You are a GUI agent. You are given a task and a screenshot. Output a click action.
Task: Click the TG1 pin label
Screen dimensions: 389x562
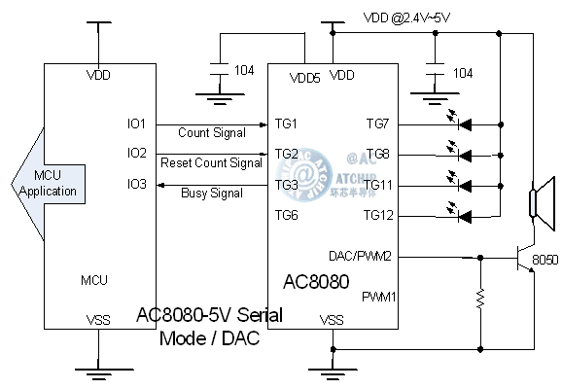point(287,124)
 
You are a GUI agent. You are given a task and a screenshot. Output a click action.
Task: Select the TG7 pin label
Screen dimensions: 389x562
point(377,124)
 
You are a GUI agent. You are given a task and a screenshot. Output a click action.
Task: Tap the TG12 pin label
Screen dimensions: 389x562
point(377,214)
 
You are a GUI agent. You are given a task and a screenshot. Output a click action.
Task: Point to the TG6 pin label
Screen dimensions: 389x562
point(287,215)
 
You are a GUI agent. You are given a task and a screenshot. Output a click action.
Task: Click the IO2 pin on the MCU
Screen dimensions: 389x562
point(136,154)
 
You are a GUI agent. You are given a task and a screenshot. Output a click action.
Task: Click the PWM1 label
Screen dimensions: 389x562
point(377,296)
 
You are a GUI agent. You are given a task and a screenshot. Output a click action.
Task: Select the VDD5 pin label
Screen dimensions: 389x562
point(305,78)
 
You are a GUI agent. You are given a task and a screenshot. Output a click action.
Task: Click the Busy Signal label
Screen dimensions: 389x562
point(212,194)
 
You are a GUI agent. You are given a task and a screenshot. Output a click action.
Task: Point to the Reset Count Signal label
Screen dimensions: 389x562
point(211,162)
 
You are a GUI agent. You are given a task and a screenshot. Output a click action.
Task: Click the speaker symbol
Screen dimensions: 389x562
point(534,203)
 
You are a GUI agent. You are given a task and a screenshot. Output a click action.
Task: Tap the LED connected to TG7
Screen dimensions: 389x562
point(462,124)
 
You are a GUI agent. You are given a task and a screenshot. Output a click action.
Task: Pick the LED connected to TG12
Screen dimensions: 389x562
point(462,214)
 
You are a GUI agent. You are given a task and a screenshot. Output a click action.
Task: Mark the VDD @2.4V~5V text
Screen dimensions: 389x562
point(406,17)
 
